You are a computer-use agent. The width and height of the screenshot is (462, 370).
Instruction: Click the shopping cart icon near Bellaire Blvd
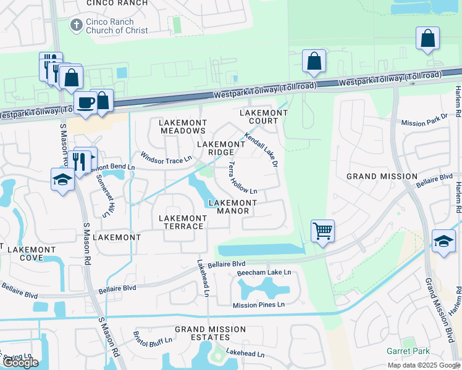322,231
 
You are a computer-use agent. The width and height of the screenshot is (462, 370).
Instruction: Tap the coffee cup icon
85,102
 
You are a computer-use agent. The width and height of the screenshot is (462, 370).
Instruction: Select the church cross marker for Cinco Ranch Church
76,25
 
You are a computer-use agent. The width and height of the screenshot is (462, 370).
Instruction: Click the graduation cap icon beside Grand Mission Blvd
443,240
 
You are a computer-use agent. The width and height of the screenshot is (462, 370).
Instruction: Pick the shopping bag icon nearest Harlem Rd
427,38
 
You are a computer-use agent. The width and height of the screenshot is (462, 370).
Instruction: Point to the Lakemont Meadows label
183,126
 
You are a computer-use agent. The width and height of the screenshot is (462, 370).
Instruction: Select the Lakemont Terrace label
182,222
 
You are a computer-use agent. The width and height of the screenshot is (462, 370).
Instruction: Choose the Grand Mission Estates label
210,334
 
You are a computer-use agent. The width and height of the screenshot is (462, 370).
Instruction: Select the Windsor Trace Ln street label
162,158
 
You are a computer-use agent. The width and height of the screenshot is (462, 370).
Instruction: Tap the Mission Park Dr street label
424,119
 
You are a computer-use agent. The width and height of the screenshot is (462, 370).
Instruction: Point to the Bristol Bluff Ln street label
153,338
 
